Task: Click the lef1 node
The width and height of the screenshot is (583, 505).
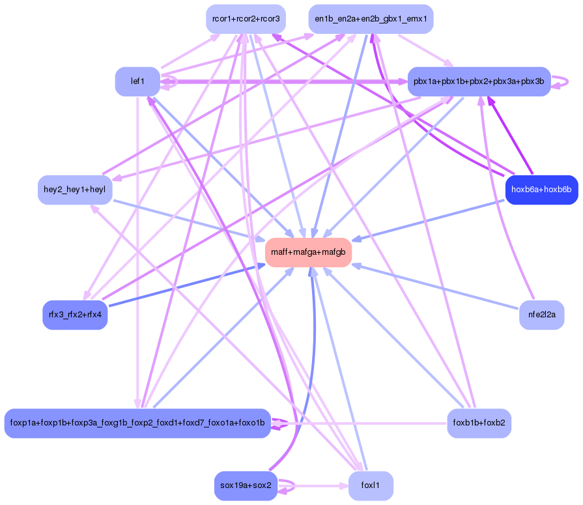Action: (137, 81)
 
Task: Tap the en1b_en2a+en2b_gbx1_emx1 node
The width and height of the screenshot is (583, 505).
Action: (371, 19)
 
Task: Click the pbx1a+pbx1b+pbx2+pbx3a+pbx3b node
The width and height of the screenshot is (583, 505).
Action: (479, 81)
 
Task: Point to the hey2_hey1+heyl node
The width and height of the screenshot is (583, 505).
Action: (75, 190)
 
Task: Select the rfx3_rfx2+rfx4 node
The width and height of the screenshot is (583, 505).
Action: (75, 315)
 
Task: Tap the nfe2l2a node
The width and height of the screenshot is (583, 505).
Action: (541, 315)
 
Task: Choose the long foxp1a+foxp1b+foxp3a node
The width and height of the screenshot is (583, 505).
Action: (137, 423)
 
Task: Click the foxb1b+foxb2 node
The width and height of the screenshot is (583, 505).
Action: (479, 423)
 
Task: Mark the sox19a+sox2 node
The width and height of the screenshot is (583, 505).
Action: (246, 485)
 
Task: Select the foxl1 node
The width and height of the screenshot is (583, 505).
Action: (371, 485)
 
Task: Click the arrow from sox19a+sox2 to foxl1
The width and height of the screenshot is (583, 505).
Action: (313, 486)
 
